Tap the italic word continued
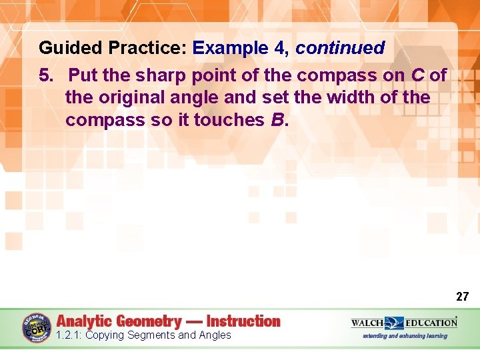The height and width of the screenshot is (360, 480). (340, 49)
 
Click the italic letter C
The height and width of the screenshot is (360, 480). (417, 75)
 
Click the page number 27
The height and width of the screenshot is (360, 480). (462, 297)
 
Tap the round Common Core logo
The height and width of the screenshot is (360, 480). (37, 328)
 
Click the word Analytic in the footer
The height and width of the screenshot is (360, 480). (87, 321)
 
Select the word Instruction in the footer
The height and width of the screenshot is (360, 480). (243, 321)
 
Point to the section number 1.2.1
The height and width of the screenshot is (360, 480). (69, 335)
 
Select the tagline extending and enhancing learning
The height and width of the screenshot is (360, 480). (405, 336)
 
